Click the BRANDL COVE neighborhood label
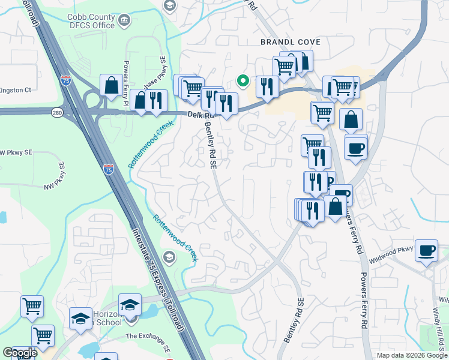(x=290, y=42)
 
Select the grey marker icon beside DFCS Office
(x=125, y=21)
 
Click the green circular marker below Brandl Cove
(x=243, y=80)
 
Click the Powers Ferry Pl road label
(x=126, y=83)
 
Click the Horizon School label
(x=109, y=319)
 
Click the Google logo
(x=19, y=353)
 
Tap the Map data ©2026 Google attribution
(x=411, y=355)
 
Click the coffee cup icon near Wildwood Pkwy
(x=426, y=251)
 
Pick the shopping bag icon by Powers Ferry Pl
(x=112, y=85)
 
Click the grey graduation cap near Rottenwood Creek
(x=170, y=258)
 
